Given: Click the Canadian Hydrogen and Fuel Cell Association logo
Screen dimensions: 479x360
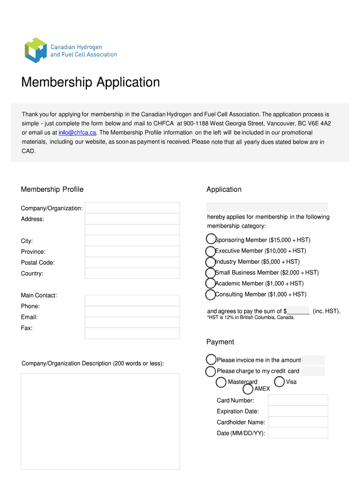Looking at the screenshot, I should click(x=70, y=51).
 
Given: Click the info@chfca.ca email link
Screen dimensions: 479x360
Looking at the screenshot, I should click(x=77, y=132).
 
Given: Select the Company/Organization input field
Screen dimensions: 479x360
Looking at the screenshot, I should click(x=132, y=208).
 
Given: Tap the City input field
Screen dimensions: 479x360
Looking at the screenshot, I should click(x=132, y=240).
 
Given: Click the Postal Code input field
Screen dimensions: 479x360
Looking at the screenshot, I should click(x=132, y=262).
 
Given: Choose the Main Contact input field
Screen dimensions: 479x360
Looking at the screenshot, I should click(x=132, y=300).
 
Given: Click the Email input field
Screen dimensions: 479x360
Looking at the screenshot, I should click(x=132, y=322).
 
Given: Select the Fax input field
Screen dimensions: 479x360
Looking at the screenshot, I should click(x=132, y=333).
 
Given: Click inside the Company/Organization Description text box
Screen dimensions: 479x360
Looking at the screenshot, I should click(x=100, y=421).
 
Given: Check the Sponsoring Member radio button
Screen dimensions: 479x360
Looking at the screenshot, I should click(x=211, y=239).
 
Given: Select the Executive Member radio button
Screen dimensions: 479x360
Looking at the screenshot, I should click(x=211, y=251).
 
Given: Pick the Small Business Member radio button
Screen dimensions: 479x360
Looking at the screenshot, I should click(x=211, y=273).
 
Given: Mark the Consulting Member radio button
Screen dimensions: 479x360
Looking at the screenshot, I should click(x=211, y=295).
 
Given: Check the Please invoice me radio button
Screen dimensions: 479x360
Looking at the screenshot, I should click(x=211, y=360).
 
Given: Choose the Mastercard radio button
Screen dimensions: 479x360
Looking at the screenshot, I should click(x=221, y=383).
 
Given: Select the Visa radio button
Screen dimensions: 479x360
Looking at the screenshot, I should click(x=279, y=382).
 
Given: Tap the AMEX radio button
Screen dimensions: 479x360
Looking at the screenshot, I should click(x=248, y=389).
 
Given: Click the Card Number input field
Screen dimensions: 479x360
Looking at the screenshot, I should click(x=298, y=400).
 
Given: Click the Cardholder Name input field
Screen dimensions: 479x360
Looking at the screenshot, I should click(x=298, y=422).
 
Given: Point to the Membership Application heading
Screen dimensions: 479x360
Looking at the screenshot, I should click(x=91, y=83).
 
